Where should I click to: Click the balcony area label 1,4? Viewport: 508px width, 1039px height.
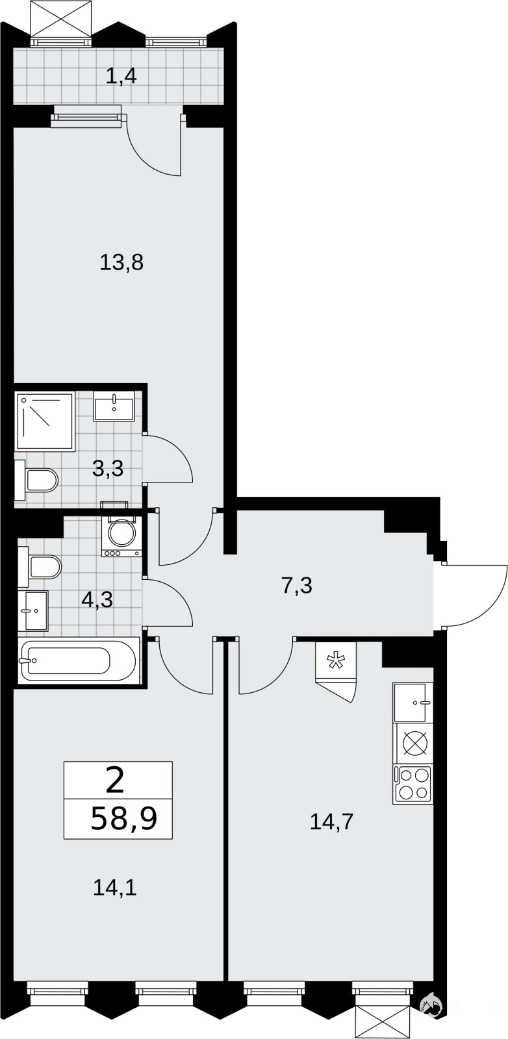(x=121, y=75)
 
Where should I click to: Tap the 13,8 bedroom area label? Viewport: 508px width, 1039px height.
(x=121, y=262)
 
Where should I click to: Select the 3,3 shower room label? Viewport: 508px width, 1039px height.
(x=108, y=468)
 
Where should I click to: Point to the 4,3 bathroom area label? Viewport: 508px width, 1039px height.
(x=97, y=599)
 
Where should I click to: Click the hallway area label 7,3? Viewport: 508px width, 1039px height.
(x=297, y=585)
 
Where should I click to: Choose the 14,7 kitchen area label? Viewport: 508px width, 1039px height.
(x=331, y=821)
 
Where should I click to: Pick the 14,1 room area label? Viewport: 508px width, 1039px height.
(x=114, y=888)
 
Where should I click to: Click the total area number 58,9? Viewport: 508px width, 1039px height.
(x=124, y=819)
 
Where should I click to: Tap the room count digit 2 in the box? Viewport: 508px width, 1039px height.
(x=116, y=780)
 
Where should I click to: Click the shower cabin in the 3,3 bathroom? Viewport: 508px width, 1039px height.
(x=45, y=421)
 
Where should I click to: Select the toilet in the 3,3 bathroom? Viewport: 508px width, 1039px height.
(x=36, y=480)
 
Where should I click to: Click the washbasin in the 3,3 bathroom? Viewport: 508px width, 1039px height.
(x=114, y=406)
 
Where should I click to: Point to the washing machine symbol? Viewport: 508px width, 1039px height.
(x=121, y=535)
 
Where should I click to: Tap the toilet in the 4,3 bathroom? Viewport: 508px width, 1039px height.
(x=40, y=566)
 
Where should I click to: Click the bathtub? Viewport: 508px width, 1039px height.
(x=79, y=660)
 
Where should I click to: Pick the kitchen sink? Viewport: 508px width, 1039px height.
(x=412, y=702)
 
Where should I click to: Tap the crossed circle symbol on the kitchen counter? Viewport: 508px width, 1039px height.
(x=414, y=744)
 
